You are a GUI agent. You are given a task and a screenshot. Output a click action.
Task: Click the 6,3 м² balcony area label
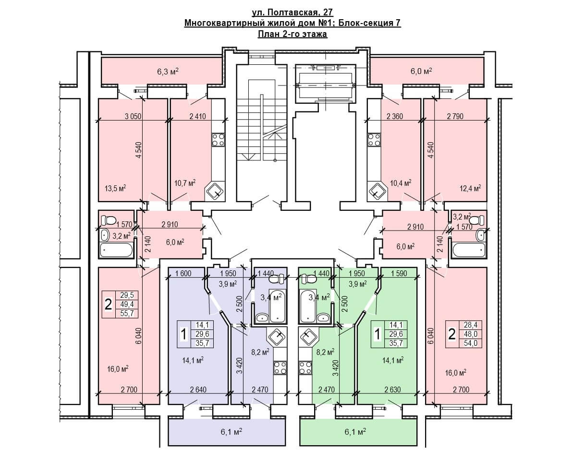[168, 72]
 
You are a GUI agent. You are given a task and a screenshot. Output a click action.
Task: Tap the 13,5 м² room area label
[115, 188]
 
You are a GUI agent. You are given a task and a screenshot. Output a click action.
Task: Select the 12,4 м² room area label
[470, 188]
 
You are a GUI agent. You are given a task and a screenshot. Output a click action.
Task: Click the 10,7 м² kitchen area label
[184, 183]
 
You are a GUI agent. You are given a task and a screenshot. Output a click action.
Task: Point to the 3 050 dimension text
[134, 116]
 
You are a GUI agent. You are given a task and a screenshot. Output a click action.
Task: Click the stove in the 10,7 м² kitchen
[218, 139]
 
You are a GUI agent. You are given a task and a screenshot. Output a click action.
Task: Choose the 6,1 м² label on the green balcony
[355, 431]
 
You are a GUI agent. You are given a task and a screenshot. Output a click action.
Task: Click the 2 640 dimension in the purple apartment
[198, 390]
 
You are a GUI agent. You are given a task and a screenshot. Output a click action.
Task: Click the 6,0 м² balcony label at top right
[422, 71]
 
